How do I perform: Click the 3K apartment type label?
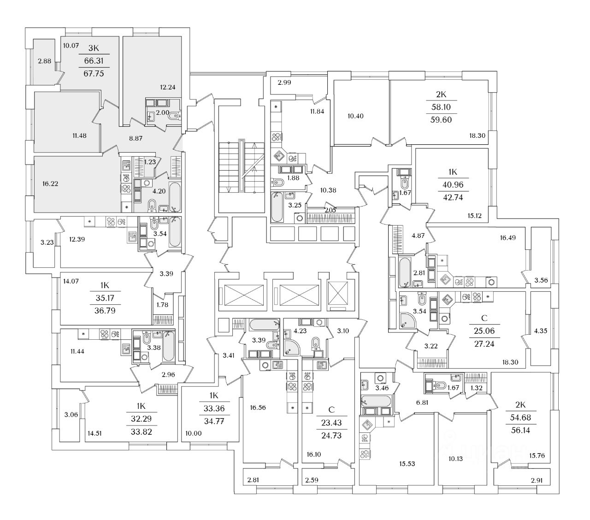click(94, 47)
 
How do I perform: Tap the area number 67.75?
click(94, 73)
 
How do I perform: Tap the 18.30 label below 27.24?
click(510, 362)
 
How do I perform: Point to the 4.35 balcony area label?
click(541, 330)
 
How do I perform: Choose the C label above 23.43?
click(330, 409)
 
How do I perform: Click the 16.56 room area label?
click(259, 408)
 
